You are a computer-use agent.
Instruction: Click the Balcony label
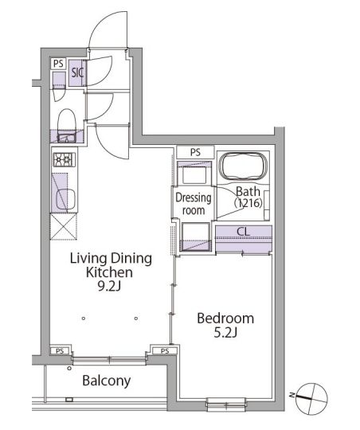[x=107, y=381]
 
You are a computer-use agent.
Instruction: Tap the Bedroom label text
[x=225, y=319]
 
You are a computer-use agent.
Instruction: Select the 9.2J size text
[x=109, y=287]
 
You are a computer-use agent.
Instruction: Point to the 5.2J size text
[x=225, y=333]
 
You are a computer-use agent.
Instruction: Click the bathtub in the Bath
[x=244, y=166]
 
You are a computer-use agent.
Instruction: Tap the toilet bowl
[x=66, y=121]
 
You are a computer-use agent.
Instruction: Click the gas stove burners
[x=65, y=159]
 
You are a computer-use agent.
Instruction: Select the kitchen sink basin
[x=65, y=199]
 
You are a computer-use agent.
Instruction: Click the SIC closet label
[x=77, y=73]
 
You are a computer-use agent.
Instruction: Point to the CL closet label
[x=244, y=232]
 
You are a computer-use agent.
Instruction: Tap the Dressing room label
[x=194, y=204]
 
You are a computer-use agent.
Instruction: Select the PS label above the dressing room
[x=195, y=152]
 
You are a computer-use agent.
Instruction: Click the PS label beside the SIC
[x=58, y=64]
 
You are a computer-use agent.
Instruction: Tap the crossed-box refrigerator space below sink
[x=64, y=226]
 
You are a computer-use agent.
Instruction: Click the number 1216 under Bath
[x=248, y=203]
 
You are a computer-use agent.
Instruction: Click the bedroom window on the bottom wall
[x=225, y=405]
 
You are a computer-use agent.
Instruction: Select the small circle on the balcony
[x=69, y=369]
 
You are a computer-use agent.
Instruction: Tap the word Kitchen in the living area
[x=109, y=272]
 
